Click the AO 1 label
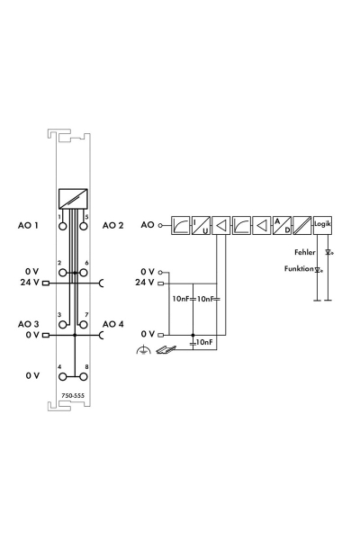pyautogui.click(x=28, y=226)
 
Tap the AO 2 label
pyautogui.click(x=112, y=226)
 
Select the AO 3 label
pyautogui.click(x=28, y=324)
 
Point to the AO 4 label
pyautogui.click(x=113, y=324)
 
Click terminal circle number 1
pyautogui.click(x=63, y=226)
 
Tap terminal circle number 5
pyautogui.click(x=84, y=226)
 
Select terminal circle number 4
pyautogui.click(x=63, y=377)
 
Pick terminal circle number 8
pyautogui.click(x=84, y=377)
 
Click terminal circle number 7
pyautogui.click(x=84, y=325)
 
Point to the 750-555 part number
pyautogui.click(x=73, y=396)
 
